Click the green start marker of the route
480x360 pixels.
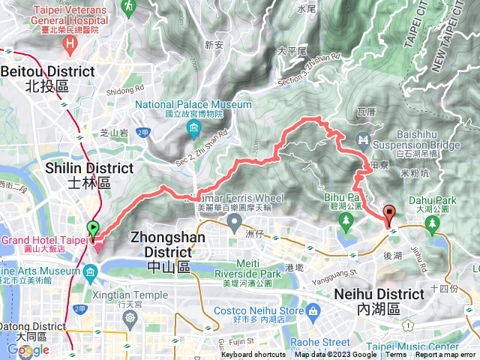[x=93, y=228]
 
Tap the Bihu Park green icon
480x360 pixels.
[x=345, y=220]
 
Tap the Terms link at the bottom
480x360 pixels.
[x=396, y=355]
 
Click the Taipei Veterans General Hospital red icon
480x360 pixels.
[x=69, y=44]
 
